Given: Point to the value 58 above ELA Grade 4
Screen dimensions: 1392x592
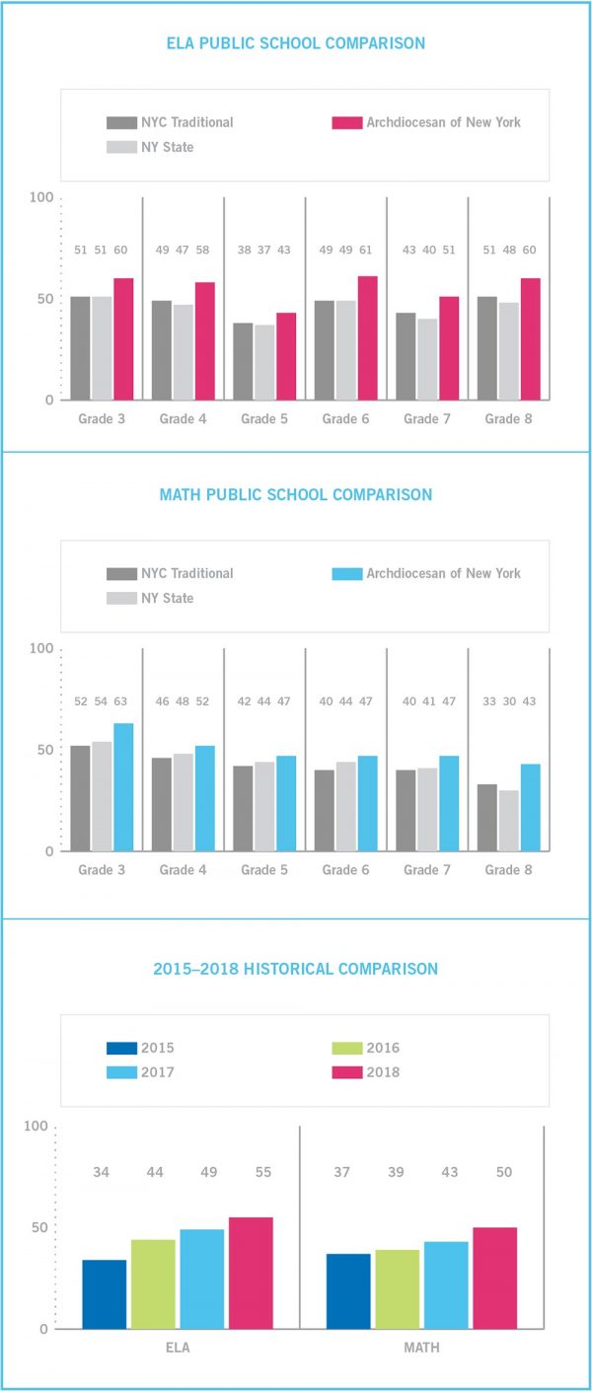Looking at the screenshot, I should pos(204,250).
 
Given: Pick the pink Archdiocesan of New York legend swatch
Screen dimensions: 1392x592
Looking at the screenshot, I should pos(346,122).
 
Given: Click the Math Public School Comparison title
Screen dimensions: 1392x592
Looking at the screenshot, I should pos(295,494).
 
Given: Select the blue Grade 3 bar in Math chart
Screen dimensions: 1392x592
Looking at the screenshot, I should pos(123,786).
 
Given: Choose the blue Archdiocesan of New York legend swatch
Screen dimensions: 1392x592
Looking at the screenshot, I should pos(346,573).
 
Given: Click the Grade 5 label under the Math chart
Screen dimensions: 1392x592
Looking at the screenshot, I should pos(259,870).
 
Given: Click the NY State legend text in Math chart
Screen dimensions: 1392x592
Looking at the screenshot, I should pos(167,598).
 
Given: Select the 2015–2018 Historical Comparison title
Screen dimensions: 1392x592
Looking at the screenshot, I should pos(295,969).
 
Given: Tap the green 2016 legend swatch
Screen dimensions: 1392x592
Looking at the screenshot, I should pos(346,1048).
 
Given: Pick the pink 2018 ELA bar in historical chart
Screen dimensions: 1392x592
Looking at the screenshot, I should pos(251,1273).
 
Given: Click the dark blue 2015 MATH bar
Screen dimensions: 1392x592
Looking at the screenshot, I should pos(348,1290).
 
